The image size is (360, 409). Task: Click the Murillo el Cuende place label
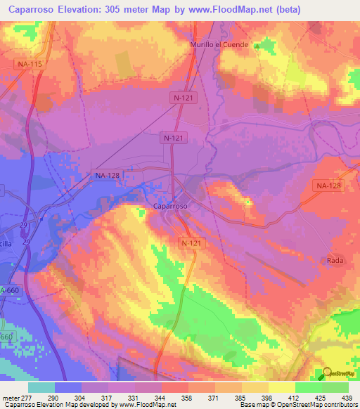220,44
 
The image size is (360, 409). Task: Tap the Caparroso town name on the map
170,207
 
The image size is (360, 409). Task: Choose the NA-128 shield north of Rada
328,185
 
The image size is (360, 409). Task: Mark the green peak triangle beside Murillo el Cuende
257,46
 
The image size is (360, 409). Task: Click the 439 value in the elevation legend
345,398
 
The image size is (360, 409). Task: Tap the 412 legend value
292,398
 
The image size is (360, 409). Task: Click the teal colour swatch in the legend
41,387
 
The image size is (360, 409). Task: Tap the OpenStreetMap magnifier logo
328,374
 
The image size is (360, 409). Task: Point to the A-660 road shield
9,290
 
